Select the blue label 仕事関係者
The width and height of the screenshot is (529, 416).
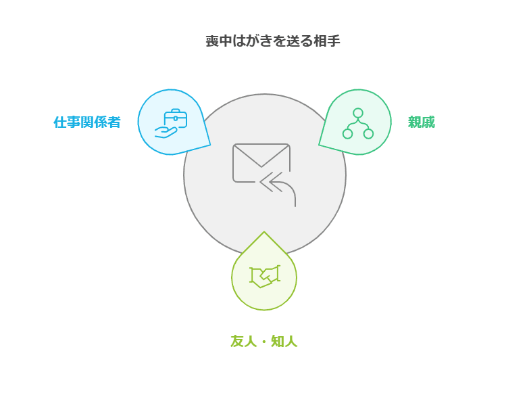click(x=87, y=122)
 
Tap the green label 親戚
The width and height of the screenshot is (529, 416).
click(x=421, y=122)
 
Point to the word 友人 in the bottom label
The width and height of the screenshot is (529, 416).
click(x=243, y=342)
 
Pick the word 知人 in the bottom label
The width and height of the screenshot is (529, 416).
click(x=284, y=342)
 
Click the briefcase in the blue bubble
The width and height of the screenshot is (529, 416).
click(x=176, y=118)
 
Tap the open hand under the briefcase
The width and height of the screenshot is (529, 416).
click(x=166, y=132)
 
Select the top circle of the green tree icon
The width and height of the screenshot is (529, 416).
click(x=358, y=113)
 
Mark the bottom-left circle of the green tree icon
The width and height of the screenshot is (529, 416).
click(x=348, y=133)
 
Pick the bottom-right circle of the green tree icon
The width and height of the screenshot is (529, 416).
click(x=368, y=133)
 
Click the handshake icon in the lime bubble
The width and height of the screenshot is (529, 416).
click(x=264, y=276)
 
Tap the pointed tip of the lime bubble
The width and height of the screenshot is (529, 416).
click(x=264, y=233)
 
